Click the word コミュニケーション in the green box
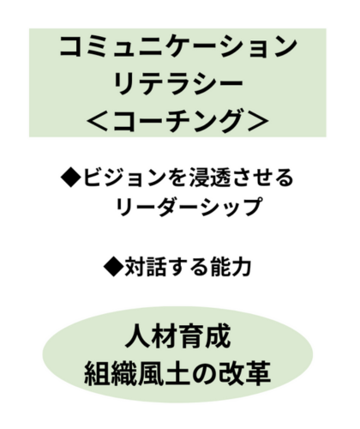pyautogui.click(x=178, y=46)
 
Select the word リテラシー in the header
pyautogui.click(x=178, y=84)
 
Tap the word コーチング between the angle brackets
pyautogui.click(x=178, y=121)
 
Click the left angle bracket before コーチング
pyautogui.click(x=98, y=122)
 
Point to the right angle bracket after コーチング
pyautogui.click(x=258, y=122)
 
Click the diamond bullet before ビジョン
pyautogui.click(x=70, y=178)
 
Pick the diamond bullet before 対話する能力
pyautogui.click(x=113, y=267)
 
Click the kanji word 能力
pyautogui.click(x=231, y=267)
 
